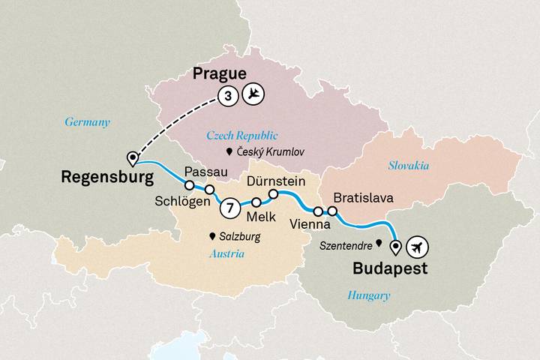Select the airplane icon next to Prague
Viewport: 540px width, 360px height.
[x=255, y=95]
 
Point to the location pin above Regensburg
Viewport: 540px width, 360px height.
[x=133, y=158]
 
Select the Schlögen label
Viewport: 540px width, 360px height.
[x=181, y=202]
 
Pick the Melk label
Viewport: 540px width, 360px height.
[x=260, y=217]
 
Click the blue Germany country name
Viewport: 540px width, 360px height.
[x=87, y=122]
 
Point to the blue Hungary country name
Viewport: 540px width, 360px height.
[x=368, y=296]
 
